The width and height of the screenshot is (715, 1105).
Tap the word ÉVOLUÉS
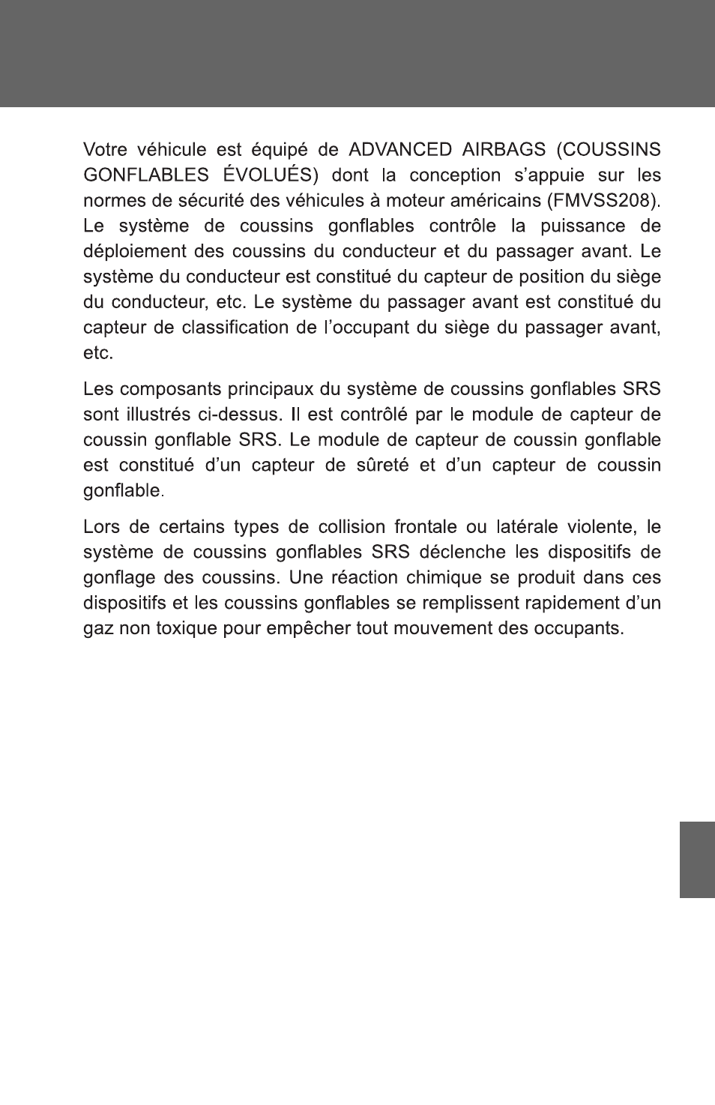[265, 175]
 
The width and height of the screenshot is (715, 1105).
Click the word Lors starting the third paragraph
[100, 528]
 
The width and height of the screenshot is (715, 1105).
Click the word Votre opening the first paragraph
[103, 150]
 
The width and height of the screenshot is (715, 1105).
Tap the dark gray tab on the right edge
[697, 859]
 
